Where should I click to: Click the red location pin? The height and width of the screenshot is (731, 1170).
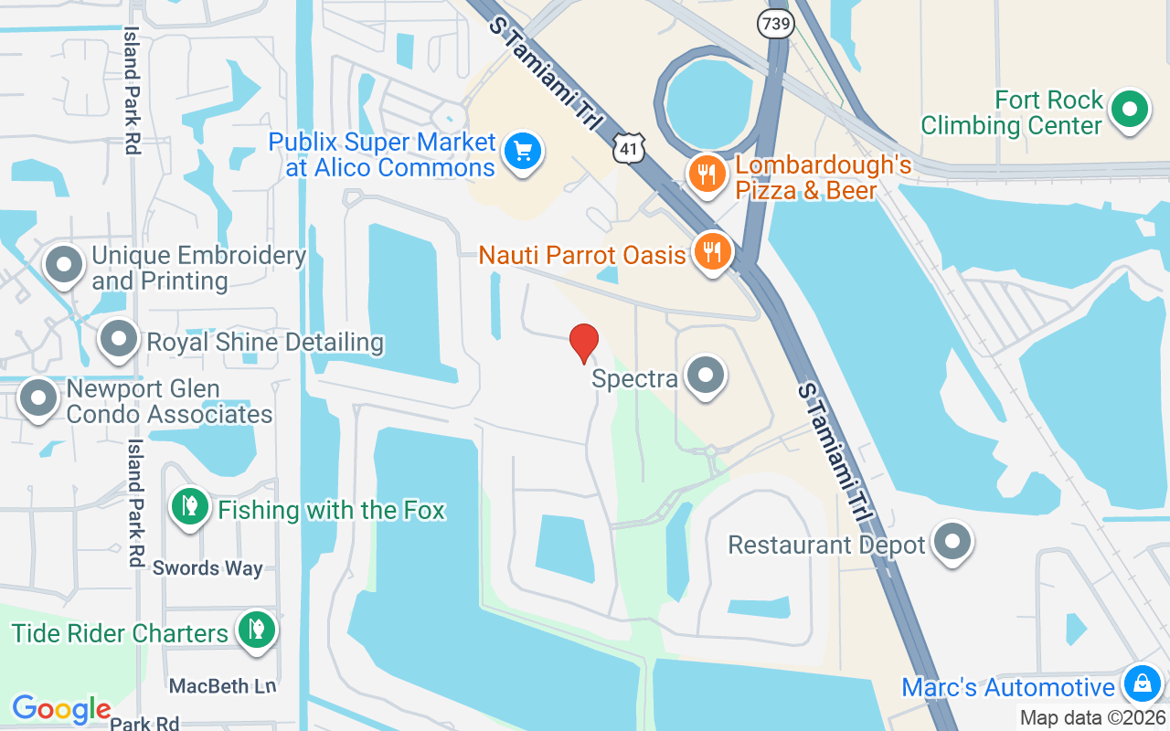point(584,344)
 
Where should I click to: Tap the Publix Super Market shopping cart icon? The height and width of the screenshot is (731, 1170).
point(523,150)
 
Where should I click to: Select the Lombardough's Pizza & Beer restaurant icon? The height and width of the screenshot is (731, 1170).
point(707,172)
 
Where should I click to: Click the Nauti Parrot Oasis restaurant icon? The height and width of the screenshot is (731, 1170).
point(711,249)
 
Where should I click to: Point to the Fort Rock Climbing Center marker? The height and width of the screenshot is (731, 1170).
point(1130,111)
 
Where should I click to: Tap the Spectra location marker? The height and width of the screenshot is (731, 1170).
point(706,376)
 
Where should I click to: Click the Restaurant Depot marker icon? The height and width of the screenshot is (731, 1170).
point(952,542)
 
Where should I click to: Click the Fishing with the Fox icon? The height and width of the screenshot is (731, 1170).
point(190,506)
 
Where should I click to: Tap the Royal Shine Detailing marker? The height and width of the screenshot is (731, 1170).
point(119,340)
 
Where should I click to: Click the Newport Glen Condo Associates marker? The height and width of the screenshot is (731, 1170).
point(38,398)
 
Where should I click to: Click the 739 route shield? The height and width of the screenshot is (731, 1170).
point(774,24)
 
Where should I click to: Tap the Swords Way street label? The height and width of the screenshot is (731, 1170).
point(207,567)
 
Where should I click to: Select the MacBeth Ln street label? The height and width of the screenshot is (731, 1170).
point(222,684)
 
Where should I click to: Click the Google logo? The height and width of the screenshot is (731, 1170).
point(61,709)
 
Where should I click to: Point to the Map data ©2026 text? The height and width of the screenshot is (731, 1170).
point(1092,717)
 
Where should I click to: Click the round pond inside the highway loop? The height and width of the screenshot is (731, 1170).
point(709,105)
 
